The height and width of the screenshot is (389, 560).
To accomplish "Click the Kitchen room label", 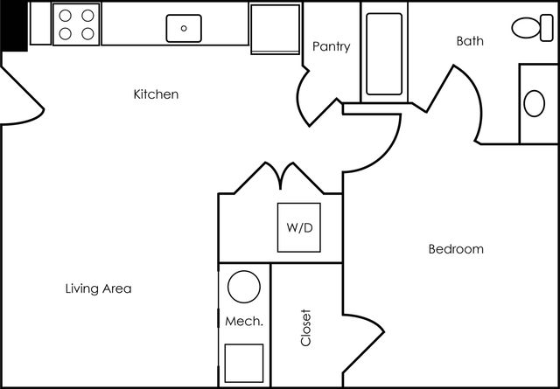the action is [156, 94].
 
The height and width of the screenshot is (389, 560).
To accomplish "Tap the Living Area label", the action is [99, 288].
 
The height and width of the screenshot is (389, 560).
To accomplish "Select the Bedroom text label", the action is [456, 249].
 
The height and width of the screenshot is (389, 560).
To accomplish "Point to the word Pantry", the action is [332, 46].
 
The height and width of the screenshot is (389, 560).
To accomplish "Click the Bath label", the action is [470, 41].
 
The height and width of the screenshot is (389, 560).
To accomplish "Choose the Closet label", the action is [306, 328].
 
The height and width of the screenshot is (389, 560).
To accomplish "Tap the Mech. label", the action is [244, 322].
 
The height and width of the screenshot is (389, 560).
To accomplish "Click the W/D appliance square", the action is [299, 227].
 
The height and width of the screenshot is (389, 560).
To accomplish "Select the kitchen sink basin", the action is [184, 28].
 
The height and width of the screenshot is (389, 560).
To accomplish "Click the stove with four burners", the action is [76, 24].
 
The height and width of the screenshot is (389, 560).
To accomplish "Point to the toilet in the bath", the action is [533, 27].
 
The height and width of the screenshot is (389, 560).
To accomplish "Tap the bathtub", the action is [384, 54].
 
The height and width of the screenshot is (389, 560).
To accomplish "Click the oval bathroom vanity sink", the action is [535, 103].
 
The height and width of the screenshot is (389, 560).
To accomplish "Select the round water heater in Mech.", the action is [244, 287].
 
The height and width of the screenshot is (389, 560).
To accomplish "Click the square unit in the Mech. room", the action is [244, 363].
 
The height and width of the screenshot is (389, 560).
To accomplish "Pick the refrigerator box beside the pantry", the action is [275, 29].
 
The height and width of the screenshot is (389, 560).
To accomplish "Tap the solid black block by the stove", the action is [14, 26].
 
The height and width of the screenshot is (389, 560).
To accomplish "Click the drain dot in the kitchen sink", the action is [184, 28].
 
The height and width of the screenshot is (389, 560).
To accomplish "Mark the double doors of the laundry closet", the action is [280, 177].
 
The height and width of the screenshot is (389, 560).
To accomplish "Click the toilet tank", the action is [547, 28].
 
